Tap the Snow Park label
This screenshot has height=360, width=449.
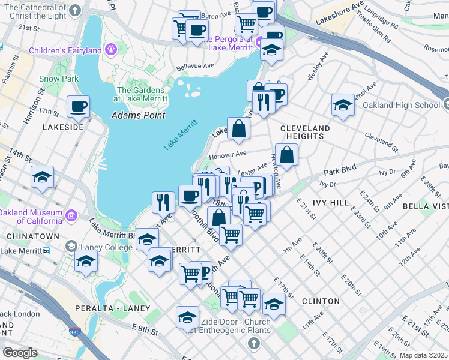(x=59, y=79)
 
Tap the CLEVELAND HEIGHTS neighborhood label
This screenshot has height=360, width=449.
(x=305, y=132)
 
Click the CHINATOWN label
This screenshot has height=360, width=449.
(x=32, y=236)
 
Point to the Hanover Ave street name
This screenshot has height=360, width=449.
(x=228, y=155)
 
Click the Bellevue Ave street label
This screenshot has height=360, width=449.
(x=194, y=66)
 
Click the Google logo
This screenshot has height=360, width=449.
(x=20, y=353)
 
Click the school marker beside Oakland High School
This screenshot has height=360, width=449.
(x=342, y=105)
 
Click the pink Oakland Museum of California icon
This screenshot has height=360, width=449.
(x=71, y=215)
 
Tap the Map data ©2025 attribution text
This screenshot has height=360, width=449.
(x=423, y=355)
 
